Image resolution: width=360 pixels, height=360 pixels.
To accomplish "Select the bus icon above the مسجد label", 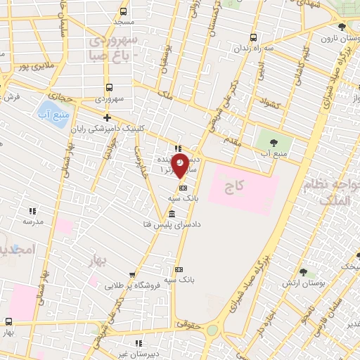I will (x=124, y=11).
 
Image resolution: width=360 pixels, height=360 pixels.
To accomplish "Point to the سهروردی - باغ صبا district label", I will (x=114, y=47).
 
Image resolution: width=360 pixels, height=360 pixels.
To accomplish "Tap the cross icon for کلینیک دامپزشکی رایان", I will (x=107, y=117).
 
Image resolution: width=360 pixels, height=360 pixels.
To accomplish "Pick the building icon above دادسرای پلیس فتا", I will (x=172, y=213).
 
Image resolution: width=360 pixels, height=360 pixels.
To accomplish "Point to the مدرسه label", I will (x=32, y=221).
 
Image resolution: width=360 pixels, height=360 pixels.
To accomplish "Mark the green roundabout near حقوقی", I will (x=212, y=330).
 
